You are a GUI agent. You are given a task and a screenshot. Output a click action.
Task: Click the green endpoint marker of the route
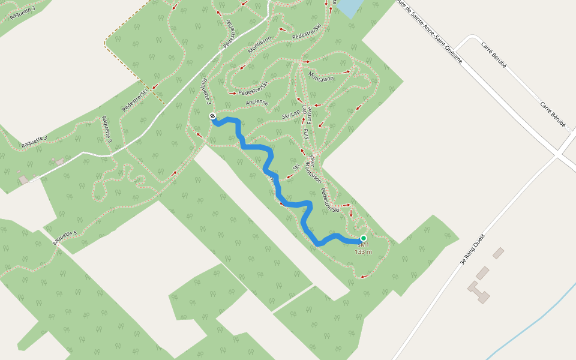tap(363, 238)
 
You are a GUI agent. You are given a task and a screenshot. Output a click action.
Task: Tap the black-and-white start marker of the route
tap(212, 116)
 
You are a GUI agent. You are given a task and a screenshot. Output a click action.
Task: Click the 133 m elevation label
tap(363, 252)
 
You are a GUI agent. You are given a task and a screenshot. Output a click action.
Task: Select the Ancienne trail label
tap(257, 103)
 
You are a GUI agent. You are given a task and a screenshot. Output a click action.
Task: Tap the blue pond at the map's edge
tap(349, 7)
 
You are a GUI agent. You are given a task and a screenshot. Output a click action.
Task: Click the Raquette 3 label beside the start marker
tap(206, 90)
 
